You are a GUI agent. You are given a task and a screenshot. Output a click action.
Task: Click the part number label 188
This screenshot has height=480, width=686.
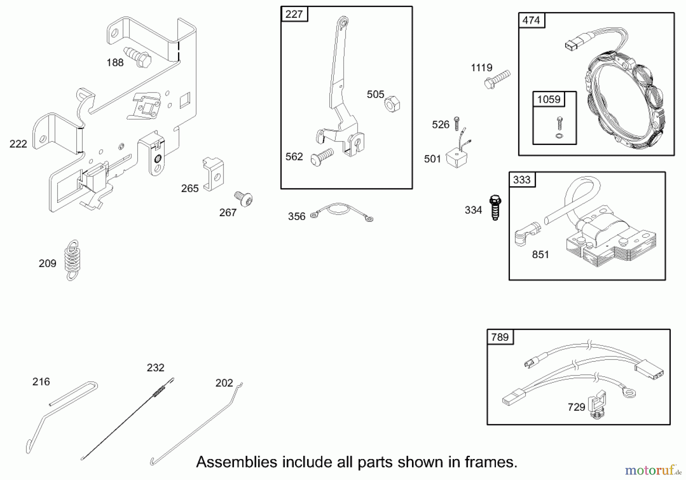tap(115, 63)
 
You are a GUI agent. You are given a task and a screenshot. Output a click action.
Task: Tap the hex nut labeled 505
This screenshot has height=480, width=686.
tap(392, 104)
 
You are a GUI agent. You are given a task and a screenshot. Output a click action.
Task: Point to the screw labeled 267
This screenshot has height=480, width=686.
tap(244, 199)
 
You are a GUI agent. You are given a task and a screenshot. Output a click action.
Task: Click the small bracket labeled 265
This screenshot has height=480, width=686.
tap(213, 173)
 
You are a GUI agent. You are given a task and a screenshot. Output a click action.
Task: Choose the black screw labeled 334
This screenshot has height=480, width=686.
tap(495, 207)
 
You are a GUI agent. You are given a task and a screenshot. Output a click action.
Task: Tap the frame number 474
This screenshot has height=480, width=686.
tap(531, 20)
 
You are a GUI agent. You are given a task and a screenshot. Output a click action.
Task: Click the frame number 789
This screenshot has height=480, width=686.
tap(500, 337)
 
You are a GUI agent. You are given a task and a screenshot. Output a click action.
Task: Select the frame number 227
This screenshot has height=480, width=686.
tap(294, 14)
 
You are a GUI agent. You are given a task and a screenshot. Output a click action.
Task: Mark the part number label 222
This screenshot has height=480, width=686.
tap(18, 144)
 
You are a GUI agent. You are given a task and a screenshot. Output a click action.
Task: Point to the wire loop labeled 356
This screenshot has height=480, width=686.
tap(341, 212)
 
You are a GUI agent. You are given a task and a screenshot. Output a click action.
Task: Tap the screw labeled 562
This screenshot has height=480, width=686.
tap(322, 157)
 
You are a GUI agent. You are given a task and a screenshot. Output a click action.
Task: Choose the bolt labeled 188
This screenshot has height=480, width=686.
tap(138, 58)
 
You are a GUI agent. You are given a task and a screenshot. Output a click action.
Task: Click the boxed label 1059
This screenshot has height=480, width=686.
tap(549, 100)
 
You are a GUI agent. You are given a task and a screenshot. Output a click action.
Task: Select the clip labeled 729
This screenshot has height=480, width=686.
tap(597, 405)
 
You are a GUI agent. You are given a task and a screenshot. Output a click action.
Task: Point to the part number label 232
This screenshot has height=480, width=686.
tap(155, 368)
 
